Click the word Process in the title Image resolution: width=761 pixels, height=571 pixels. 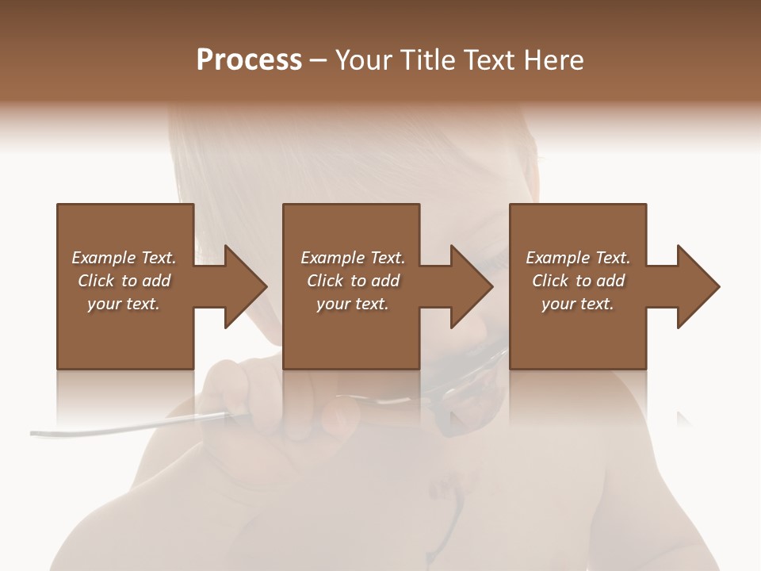(249, 60)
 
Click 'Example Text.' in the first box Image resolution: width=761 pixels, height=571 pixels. (124, 258)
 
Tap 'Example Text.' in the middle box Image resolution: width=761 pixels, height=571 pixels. (353, 258)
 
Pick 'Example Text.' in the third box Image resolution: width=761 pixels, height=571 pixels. (578, 258)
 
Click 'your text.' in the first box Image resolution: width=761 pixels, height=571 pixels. (124, 304)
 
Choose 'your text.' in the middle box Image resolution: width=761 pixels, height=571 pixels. (353, 304)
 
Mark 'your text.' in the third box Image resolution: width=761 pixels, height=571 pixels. (578, 304)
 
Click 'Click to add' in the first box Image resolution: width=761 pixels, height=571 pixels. (124, 281)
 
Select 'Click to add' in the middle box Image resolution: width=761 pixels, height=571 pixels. (353, 281)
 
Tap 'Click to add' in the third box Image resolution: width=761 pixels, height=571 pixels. (578, 281)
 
